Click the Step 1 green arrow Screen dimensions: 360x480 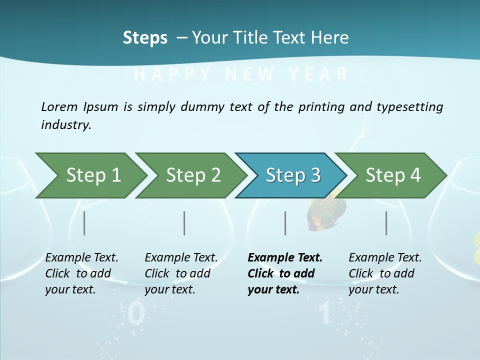point(92,175)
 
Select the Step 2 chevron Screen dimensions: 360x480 point(192,175)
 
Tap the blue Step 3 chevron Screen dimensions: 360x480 point(292,175)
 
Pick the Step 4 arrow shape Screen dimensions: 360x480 point(392,175)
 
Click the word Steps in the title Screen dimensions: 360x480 point(145,38)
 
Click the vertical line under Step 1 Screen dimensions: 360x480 point(84,223)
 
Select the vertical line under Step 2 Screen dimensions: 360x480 point(184,223)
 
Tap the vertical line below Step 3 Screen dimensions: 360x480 point(285,223)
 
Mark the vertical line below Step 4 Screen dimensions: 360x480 point(386,223)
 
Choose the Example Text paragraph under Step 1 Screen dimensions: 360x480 point(81,273)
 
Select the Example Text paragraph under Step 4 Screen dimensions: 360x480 point(385,273)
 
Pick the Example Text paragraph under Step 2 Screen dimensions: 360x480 point(181,273)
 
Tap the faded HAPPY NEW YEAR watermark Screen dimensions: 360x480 point(241,75)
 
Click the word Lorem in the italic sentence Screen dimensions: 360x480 point(59,106)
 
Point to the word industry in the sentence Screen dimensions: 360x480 point(65,125)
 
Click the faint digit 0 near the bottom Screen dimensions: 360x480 point(136,314)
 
